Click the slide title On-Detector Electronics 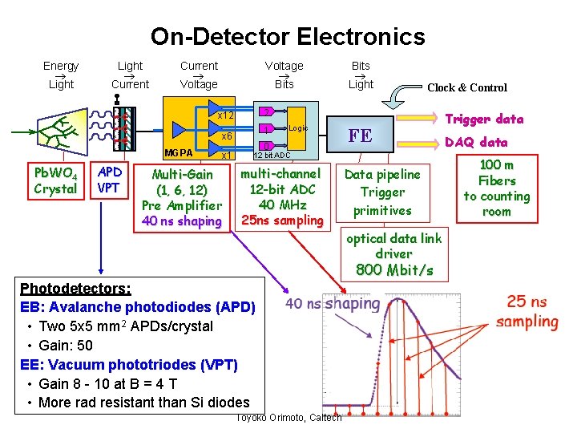tap(288, 36)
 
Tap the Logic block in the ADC tap(297, 128)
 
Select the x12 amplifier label tap(225, 115)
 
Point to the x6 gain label tap(227, 136)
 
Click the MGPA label tap(177, 152)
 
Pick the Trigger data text tap(484, 119)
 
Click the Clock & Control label tap(466, 87)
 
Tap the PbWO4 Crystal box tap(55, 181)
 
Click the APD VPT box tap(109, 180)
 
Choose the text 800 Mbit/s tap(393, 269)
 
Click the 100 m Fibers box tap(497, 188)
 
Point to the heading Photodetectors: tap(75, 288)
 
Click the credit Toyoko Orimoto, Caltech tap(288, 417)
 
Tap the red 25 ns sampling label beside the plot tap(527, 312)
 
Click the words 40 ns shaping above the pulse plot tap(332, 303)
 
